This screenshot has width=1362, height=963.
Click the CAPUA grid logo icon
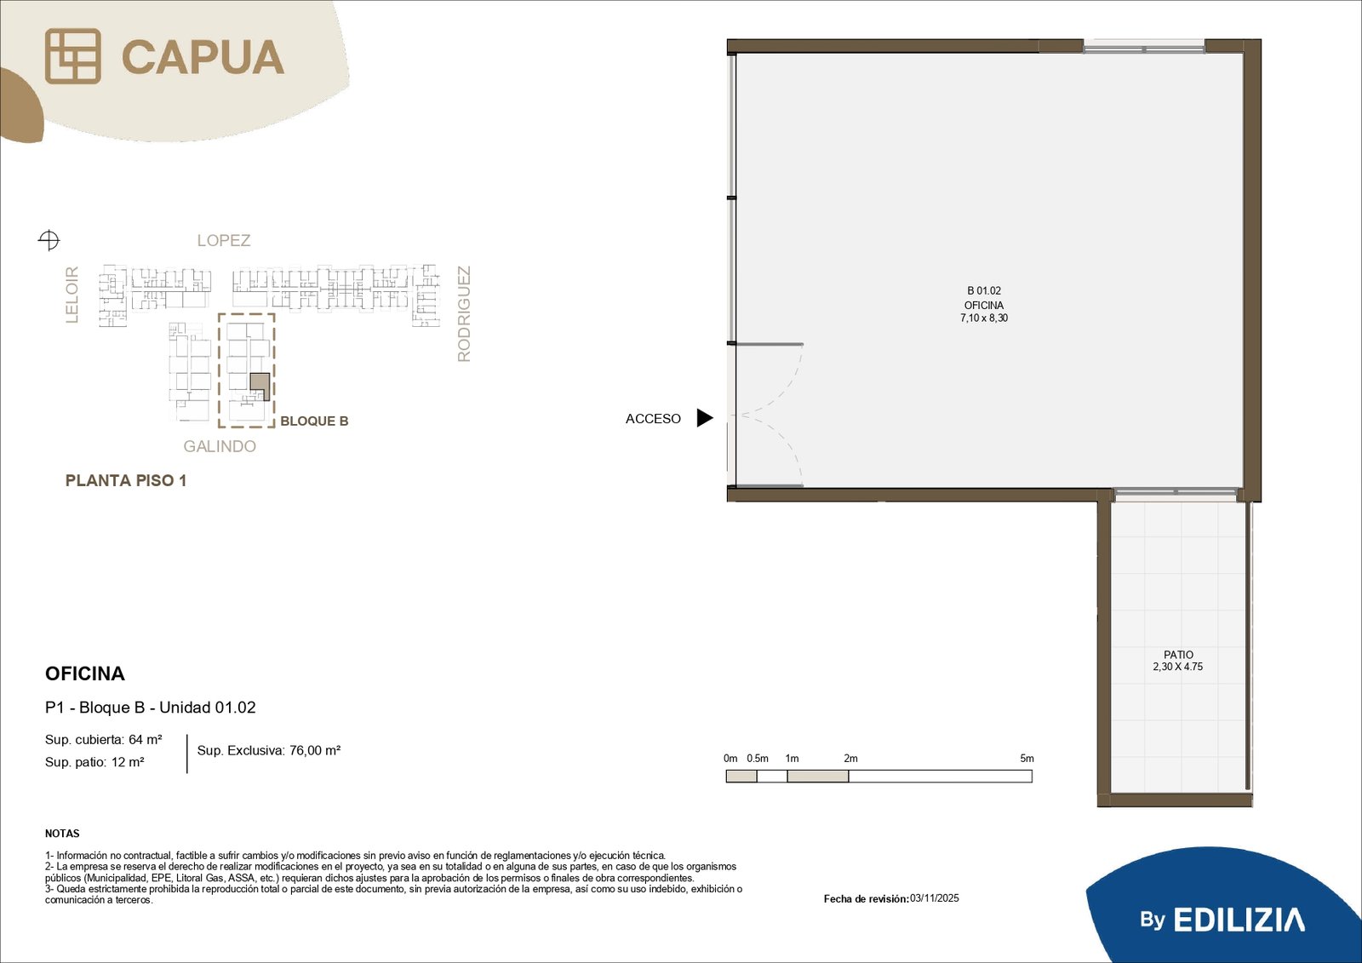pos(73,56)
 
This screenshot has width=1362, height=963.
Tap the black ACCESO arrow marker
pos(705,418)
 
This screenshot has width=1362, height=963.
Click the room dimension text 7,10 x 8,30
pos(984,318)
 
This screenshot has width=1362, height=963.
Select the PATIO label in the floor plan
pos(1178,655)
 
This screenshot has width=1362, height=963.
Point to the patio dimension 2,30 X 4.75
pos(1178,667)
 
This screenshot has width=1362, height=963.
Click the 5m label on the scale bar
pos(1027,759)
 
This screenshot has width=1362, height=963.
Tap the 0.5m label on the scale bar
pos(758,759)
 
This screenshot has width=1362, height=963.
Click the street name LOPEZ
pos(224,240)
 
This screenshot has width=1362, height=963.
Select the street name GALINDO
pos(220,446)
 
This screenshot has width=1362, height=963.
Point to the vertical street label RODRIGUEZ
pos(464,314)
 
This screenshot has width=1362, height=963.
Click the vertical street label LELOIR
pos(72,295)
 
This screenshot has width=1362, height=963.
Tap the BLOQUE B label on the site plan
pos(314,421)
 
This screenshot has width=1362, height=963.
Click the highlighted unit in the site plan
pos(260,387)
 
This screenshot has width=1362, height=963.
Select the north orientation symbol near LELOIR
pos(49,239)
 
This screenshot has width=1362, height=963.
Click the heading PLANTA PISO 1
pos(126,480)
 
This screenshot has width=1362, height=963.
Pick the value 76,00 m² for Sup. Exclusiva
pos(315,751)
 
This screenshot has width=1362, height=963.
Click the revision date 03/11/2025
pos(935,898)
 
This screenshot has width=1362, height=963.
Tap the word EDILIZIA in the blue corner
pos(1239,920)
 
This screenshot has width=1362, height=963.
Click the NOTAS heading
pos(62,834)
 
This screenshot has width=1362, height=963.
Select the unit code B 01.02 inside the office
pos(984,291)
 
